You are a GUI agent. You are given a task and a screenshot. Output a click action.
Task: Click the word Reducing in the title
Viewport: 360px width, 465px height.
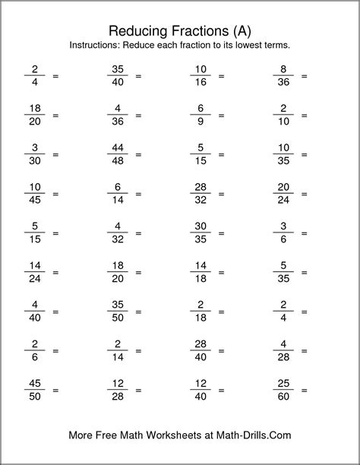tap(137, 30)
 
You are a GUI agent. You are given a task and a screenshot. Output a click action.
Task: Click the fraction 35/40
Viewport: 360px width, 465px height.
tap(117, 76)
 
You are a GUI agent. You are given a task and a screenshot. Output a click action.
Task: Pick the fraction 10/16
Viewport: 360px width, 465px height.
tap(200, 76)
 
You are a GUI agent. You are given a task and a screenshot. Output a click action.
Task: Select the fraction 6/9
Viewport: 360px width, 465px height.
tap(200, 115)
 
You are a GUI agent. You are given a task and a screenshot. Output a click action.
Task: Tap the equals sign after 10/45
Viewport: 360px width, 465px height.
tap(55, 195)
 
